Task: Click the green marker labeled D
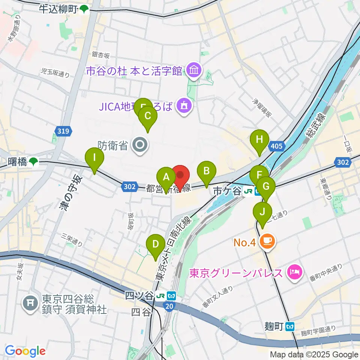[155, 246]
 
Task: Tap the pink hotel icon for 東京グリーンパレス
[294, 271]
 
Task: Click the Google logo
[25, 351]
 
